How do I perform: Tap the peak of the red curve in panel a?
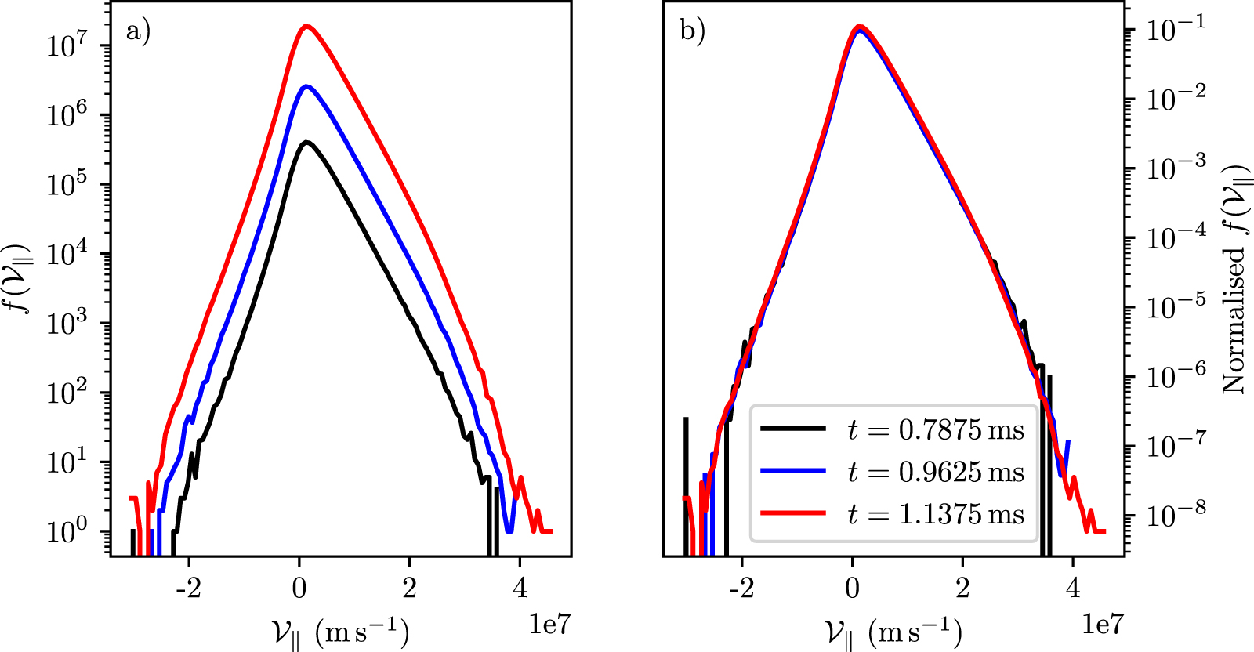306,26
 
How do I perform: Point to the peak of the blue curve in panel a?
306,86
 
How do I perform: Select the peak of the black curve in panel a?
306,142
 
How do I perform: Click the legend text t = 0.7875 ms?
936,429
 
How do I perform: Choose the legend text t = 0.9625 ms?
936,472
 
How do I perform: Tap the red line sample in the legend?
793,513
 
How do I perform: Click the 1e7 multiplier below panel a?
549,625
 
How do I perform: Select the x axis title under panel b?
893,632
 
